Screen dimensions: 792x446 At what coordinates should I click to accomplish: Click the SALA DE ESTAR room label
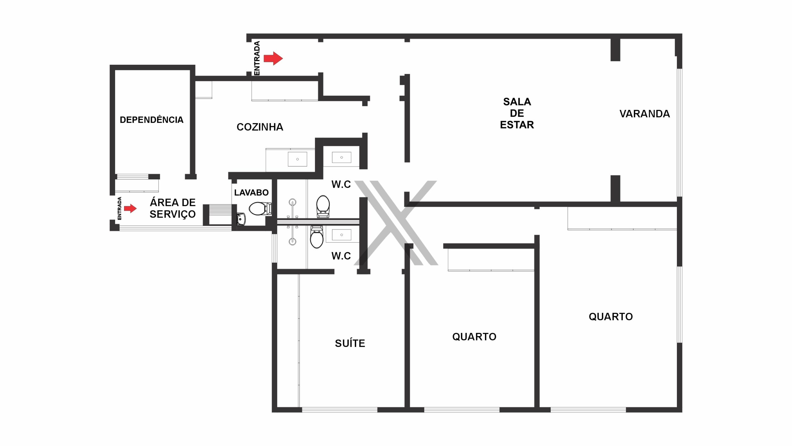(x=517, y=113)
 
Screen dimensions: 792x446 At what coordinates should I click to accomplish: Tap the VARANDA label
(x=645, y=114)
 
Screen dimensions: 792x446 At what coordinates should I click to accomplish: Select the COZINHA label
(x=260, y=127)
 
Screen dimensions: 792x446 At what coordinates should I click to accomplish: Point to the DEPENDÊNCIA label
(x=152, y=120)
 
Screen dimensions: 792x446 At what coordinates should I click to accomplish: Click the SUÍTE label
(x=350, y=343)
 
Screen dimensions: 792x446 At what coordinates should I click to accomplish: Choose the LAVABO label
(x=251, y=192)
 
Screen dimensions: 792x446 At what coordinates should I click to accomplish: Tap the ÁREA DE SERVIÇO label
(x=173, y=208)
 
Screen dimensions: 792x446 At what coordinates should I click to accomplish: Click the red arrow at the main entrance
(x=273, y=58)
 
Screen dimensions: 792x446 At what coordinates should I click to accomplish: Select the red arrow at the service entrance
(x=130, y=208)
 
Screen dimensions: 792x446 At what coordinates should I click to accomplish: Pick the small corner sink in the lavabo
(x=241, y=219)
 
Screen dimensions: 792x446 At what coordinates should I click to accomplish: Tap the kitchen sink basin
(x=297, y=159)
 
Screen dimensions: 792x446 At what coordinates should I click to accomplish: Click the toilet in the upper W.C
(x=323, y=206)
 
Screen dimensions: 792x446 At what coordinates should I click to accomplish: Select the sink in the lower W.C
(x=342, y=235)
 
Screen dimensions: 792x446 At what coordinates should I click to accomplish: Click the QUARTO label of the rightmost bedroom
(x=611, y=317)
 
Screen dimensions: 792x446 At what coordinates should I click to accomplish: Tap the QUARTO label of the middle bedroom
(x=474, y=337)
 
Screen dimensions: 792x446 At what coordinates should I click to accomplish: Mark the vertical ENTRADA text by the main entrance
(x=257, y=58)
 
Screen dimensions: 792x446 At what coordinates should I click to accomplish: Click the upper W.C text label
(x=341, y=184)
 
